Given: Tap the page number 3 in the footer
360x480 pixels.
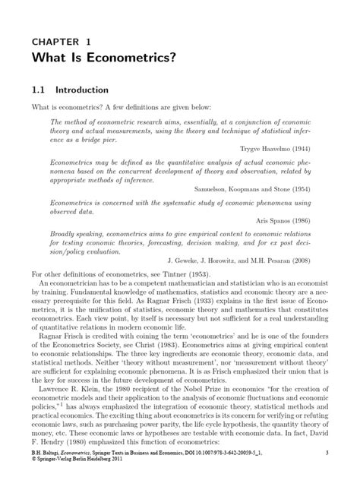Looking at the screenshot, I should point(326,453).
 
